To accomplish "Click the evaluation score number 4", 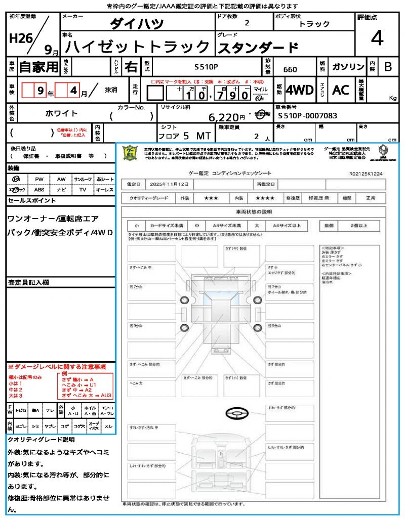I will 376,38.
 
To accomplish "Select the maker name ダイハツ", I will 137,23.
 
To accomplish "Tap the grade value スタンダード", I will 258,48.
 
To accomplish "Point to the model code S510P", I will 206,66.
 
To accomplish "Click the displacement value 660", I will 290,69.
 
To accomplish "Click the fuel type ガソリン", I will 348,67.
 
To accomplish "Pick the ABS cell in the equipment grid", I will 39,190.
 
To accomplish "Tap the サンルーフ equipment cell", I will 83,179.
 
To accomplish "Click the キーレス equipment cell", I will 105,190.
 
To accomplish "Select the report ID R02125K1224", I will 366,173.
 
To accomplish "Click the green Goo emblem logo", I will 130,153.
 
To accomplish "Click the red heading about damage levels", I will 56,366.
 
